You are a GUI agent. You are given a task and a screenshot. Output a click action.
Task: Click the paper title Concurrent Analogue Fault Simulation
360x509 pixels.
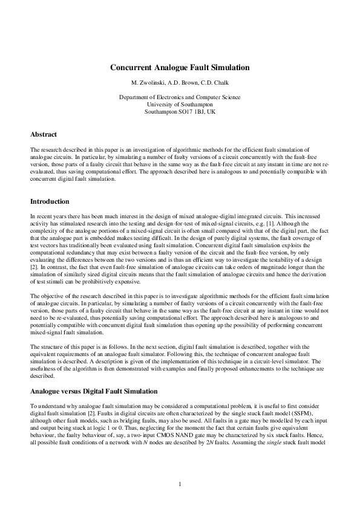[x=180, y=68]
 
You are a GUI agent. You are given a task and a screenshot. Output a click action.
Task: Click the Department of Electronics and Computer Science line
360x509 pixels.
[x=180, y=97]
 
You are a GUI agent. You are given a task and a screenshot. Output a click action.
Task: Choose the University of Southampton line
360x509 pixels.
[x=180, y=105]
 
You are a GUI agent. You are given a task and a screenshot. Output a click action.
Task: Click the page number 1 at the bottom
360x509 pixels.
[x=180, y=484]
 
